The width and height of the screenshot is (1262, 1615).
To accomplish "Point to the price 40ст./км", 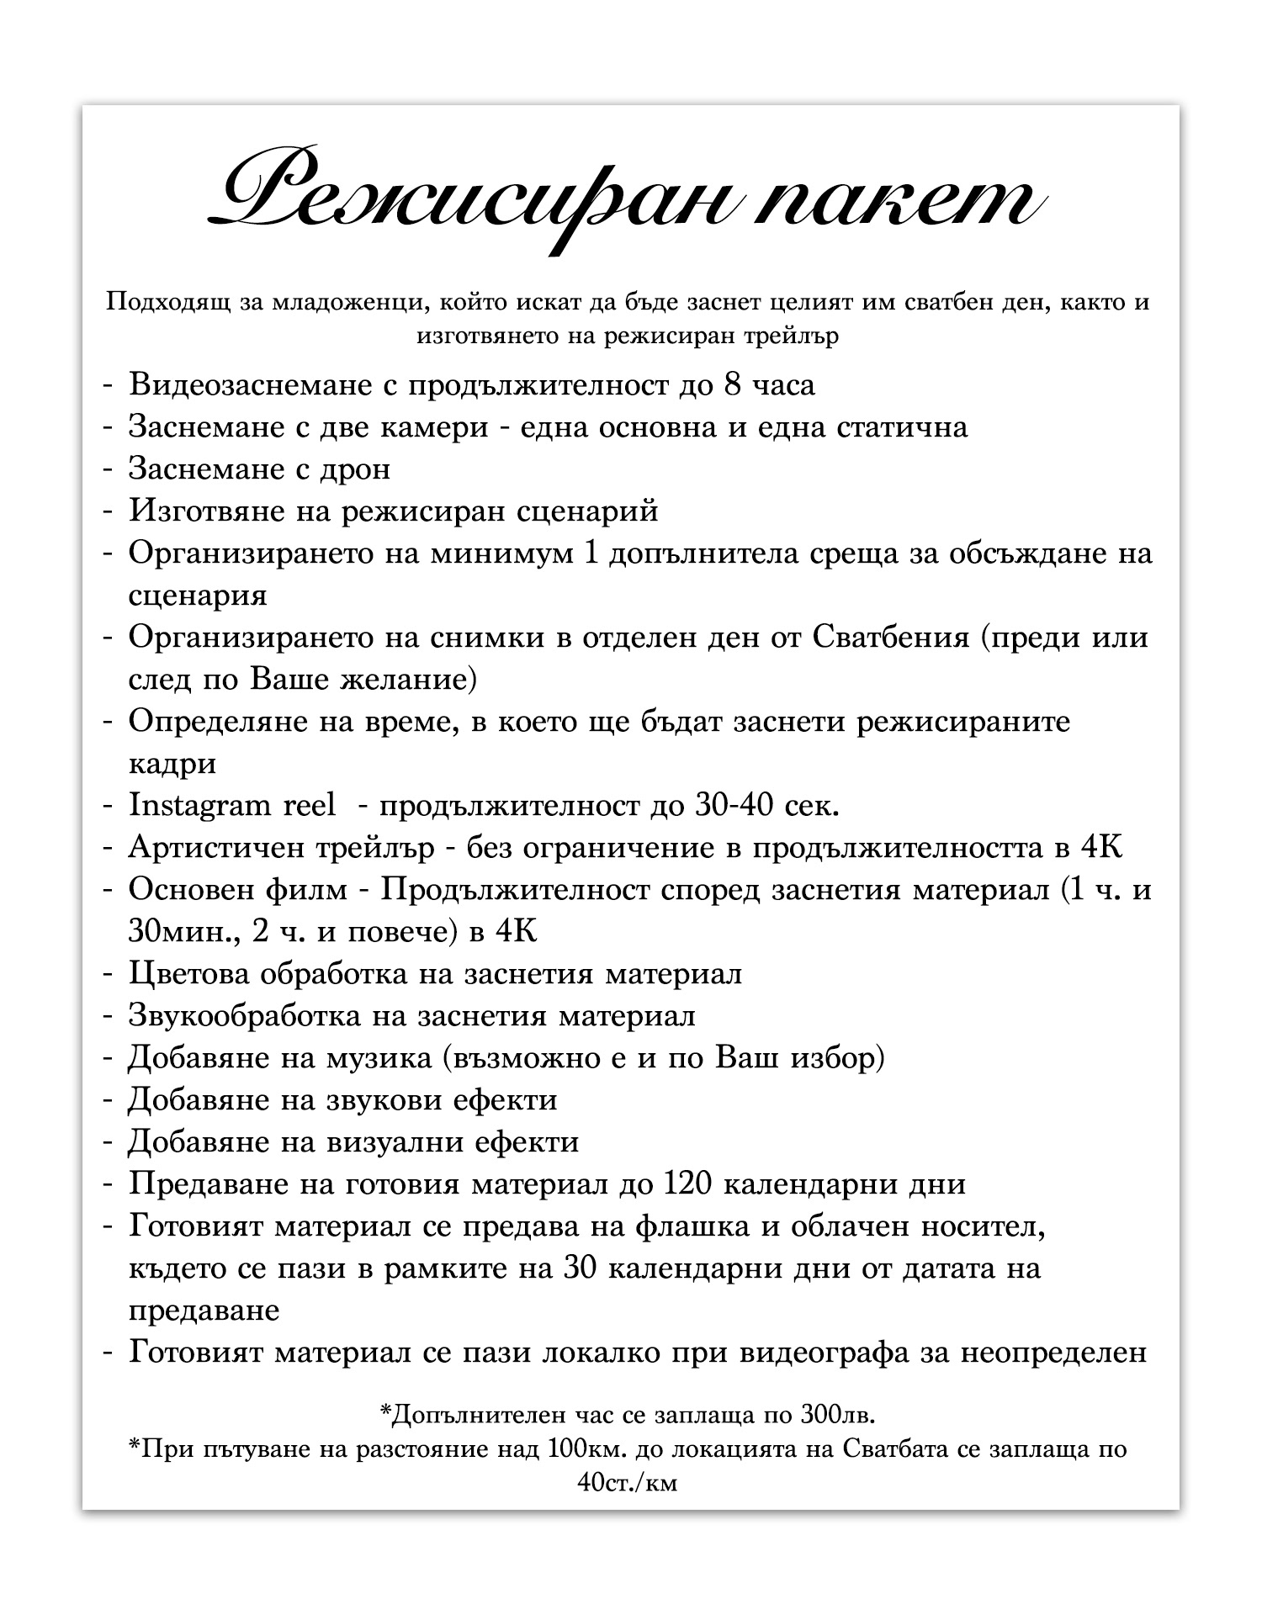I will (627, 1482).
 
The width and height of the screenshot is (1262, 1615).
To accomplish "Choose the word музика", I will (379, 1057).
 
